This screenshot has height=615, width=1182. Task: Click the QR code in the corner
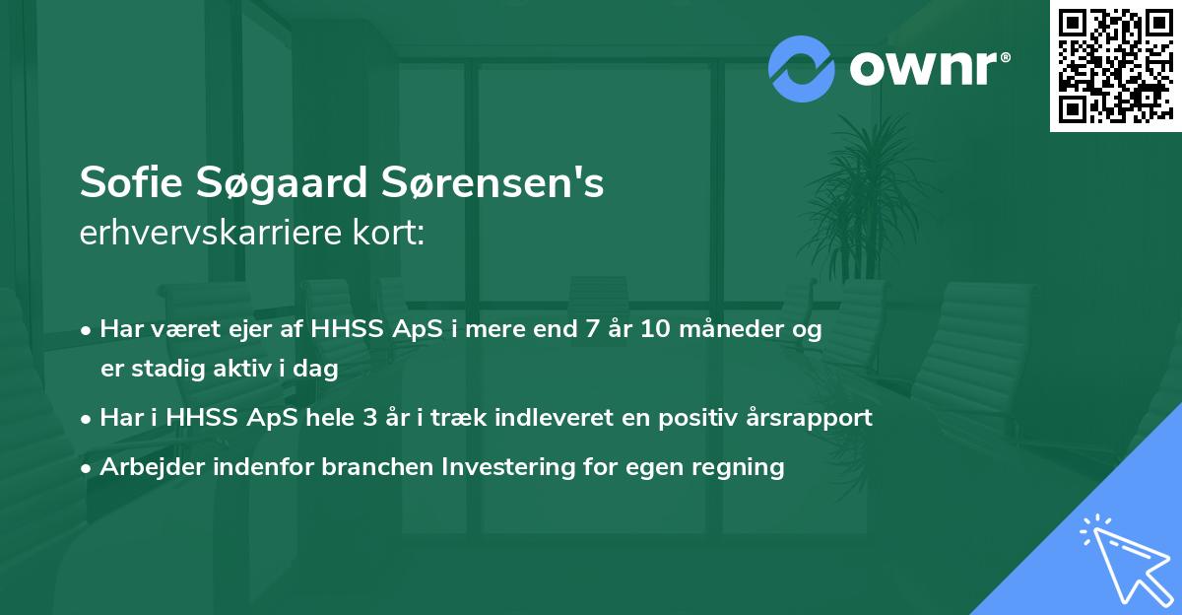pos(1115,66)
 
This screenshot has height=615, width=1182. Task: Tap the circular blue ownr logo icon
pos(802,69)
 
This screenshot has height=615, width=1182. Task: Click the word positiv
pos(697,418)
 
